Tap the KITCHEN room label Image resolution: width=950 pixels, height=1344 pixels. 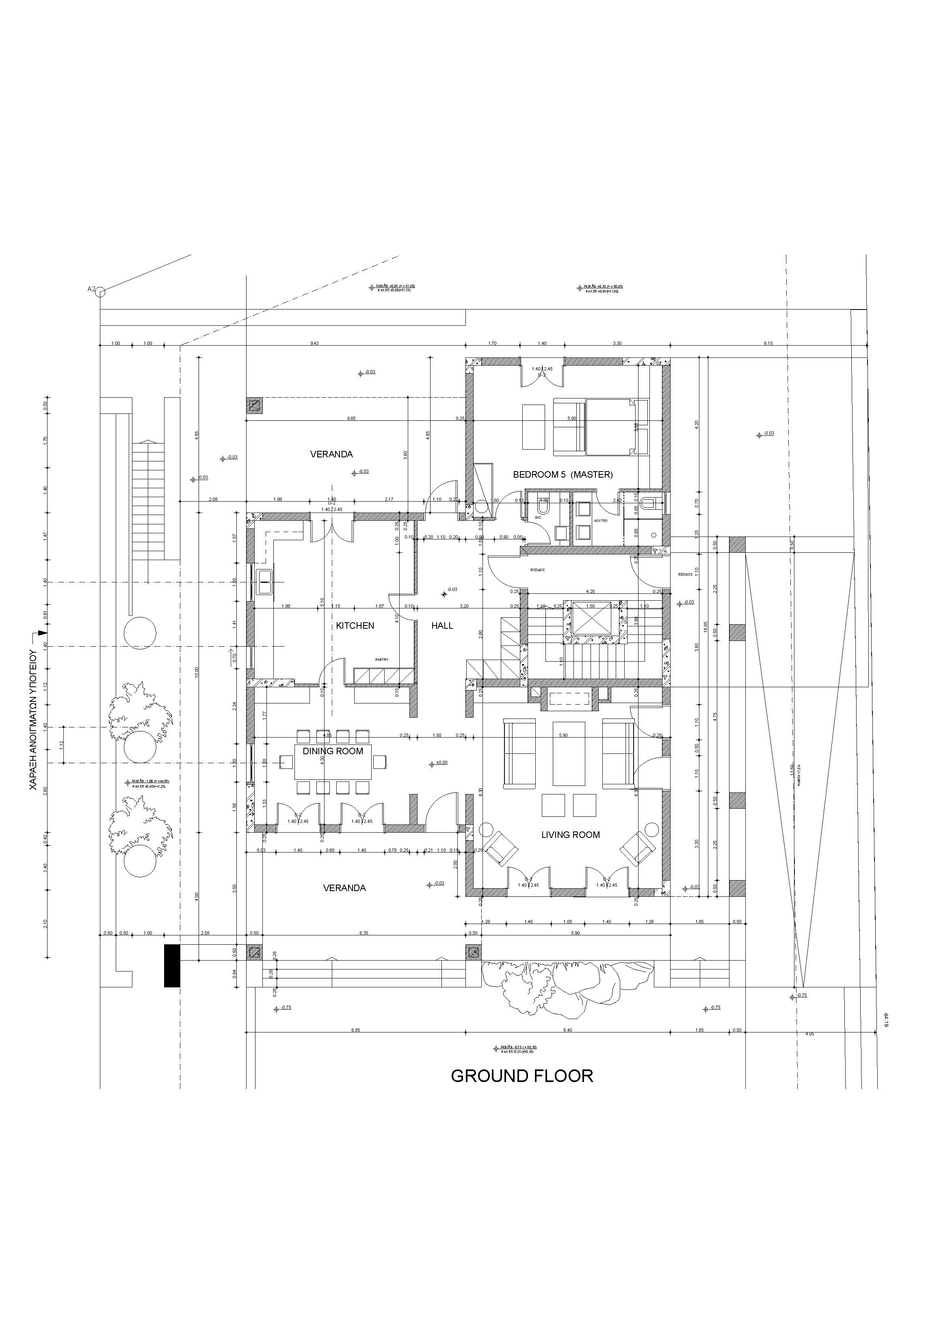pos(355,626)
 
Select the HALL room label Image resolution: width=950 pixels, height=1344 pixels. pos(442,626)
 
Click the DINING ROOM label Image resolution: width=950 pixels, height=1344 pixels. pos(333,751)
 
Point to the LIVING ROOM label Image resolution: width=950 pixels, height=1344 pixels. pos(570,835)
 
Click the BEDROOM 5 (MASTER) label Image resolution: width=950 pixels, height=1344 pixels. pos(563,475)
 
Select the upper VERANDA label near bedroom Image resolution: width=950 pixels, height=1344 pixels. pos(331,454)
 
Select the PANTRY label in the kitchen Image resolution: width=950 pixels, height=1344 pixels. pos(382,660)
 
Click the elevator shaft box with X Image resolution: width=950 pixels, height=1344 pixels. pos(591,618)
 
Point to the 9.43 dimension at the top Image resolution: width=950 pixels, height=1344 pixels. pos(314,344)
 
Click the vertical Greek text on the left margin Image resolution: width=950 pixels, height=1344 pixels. pos(33,720)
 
